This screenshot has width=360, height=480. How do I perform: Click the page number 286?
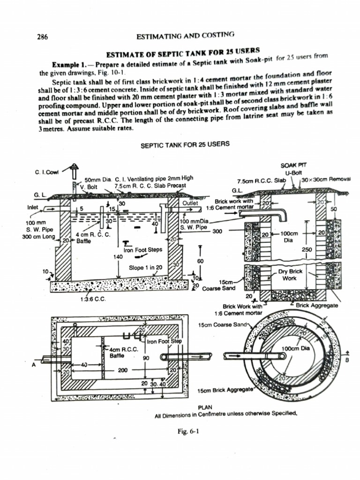point(43,36)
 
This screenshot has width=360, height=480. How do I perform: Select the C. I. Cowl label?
point(46,172)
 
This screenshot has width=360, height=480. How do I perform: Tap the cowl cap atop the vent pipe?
point(74,166)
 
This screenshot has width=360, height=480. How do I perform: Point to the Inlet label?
point(33,206)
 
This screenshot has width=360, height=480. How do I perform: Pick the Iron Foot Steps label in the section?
point(142,250)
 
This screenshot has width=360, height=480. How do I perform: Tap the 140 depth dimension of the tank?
point(118,256)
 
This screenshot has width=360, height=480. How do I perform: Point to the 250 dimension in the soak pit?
point(307,250)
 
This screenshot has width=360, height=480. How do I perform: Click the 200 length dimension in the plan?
point(123,370)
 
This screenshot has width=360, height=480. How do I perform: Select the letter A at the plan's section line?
point(34,366)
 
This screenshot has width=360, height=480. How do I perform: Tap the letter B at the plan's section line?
point(347,360)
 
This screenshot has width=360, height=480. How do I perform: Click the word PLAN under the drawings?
point(206,408)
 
